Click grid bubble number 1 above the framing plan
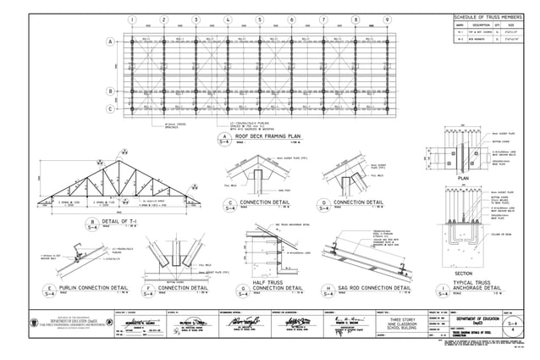click(x=132, y=19)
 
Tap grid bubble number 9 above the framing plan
click(x=387, y=19)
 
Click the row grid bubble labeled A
click(x=110, y=42)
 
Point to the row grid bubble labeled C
click(x=110, y=108)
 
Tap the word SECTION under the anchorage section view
click(x=463, y=274)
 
